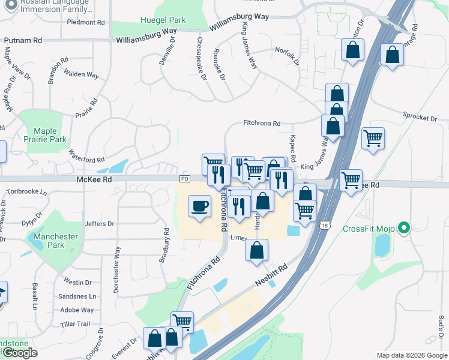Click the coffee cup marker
click(x=199, y=206)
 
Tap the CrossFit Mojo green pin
click(x=404, y=228)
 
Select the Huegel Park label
click(x=163, y=20)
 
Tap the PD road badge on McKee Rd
click(x=184, y=179)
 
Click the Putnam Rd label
click(x=23, y=40)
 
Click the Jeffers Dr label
click(x=100, y=224)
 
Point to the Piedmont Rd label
click(x=86, y=22)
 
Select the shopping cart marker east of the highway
click(x=373, y=139)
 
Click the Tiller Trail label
click(x=75, y=324)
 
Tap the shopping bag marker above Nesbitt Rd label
click(x=256, y=250)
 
